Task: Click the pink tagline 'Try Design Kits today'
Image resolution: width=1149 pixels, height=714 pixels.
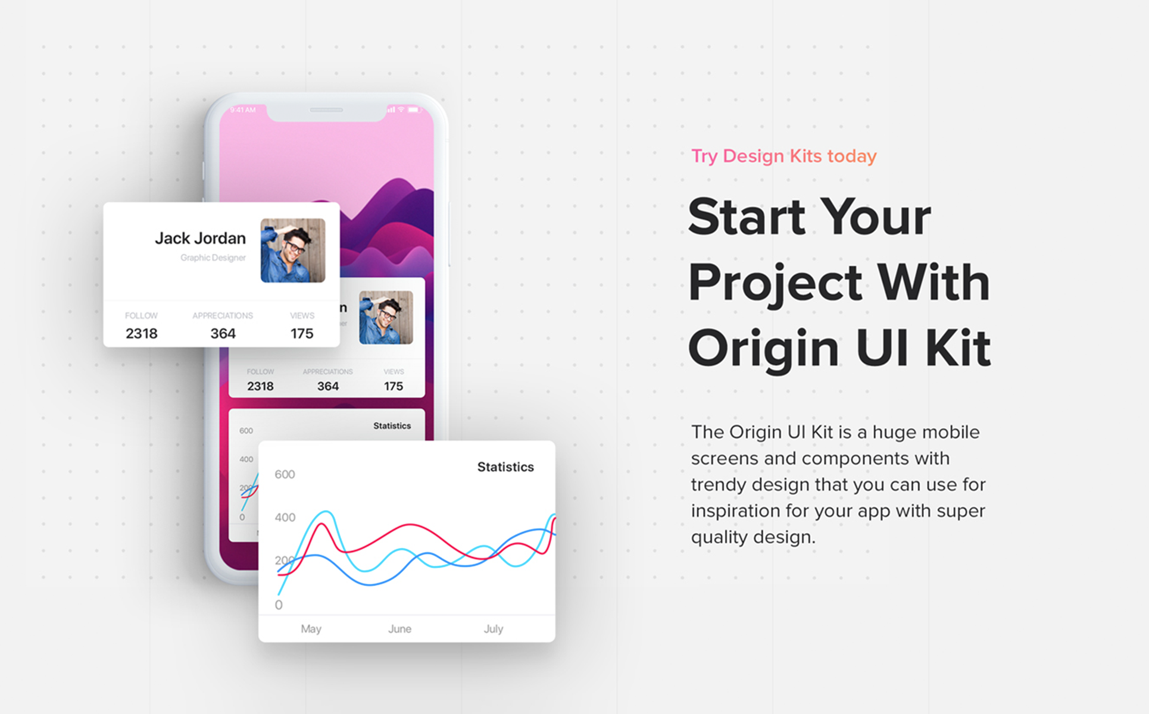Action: pyautogui.click(x=783, y=156)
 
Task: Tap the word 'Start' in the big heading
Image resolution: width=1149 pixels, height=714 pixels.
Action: pyautogui.click(x=747, y=217)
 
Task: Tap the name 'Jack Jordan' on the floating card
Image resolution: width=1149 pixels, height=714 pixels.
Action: pyautogui.click(x=200, y=238)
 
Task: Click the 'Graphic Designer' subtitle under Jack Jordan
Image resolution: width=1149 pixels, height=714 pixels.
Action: pyautogui.click(x=213, y=258)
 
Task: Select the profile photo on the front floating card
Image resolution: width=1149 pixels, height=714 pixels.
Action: pyautogui.click(x=293, y=250)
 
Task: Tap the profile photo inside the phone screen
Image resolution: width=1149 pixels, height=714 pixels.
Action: pyautogui.click(x=386, y=317)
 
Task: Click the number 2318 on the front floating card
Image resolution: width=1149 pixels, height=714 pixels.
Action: pyautogui.click(x=142, y=334)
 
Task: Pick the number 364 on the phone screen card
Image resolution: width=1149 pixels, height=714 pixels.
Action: pyautogui.click(x=328, y=386)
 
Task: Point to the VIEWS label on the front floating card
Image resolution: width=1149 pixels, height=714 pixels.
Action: pyautogui.click(x=302, y=315)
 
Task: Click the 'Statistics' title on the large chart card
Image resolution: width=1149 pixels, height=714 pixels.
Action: pyautogui.click(x=505, y=467)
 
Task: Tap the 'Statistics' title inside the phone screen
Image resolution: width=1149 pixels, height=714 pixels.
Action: pyautogui.click(x=392, y=426)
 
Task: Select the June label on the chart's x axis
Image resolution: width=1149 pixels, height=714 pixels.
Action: pyautogui.click(x=399, y=629)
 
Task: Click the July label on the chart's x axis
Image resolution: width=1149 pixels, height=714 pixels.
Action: pyautogui.click(x=493, y=629)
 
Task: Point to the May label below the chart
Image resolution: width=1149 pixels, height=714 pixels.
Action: pyautogui.click(x=311, y=629)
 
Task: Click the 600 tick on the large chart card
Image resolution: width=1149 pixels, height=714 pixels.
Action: pyautogui.click(x=285, y=474)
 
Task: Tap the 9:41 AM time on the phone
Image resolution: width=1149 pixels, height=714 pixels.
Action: pyautogui.click(x=243, y=110)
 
